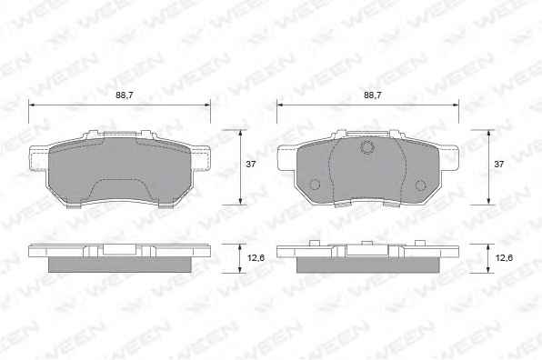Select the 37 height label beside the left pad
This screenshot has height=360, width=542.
tap(251, 165)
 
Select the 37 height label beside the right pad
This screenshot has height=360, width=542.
tap(498, 165)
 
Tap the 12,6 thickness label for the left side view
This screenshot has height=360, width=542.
tap(256, 258)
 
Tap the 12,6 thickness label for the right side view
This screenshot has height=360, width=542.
tap(504, 258)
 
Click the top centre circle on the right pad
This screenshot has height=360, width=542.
tap(367, 147)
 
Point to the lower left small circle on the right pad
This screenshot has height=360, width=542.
tap(315, 185)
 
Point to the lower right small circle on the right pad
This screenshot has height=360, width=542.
tap(420, 185)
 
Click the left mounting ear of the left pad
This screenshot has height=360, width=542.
tap(39, 158)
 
